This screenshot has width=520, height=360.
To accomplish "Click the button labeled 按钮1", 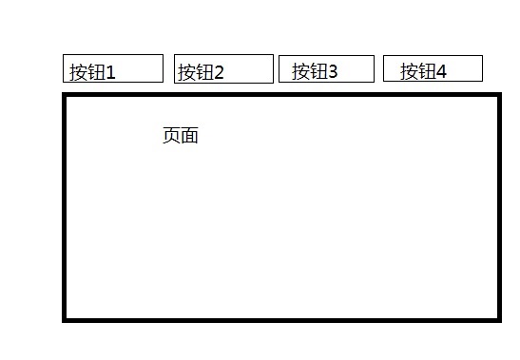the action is tap(113, 68).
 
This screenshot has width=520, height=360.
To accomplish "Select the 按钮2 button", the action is tap(223, 68).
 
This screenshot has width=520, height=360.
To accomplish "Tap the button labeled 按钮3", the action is tap(327, 68).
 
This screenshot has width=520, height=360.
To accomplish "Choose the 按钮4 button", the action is tap(433, 68).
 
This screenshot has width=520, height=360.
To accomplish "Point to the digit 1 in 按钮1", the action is tap(110, 72).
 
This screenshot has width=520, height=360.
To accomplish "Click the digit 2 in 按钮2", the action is tap(219, 72).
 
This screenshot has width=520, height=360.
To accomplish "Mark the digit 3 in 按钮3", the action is tap(333, 71).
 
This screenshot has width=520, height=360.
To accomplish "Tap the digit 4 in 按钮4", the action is tap(441, 71).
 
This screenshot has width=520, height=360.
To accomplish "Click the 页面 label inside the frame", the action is tap(181, 135).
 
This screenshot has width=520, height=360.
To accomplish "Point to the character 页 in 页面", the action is tap(171, 135).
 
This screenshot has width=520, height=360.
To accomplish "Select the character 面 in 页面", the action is tap(190, 135).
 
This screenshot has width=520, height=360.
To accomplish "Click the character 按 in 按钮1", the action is tap(78, 72).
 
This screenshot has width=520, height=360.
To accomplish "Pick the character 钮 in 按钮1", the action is tap(97, 72).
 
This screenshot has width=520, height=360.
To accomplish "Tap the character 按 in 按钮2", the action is tap(186, 72).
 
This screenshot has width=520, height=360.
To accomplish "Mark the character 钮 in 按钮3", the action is tap(318, 71).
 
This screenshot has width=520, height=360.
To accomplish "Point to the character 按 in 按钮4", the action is tap(409, 71).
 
